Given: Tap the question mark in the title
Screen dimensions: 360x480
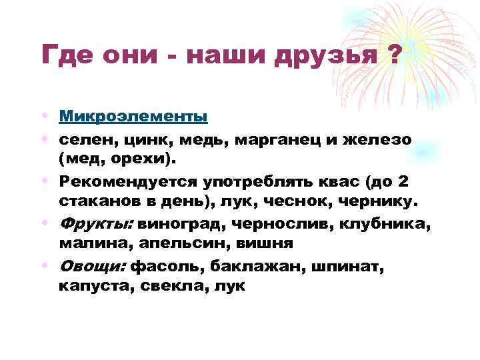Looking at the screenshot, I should (393, 54).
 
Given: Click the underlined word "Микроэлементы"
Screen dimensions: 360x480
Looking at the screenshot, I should (133, 116).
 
